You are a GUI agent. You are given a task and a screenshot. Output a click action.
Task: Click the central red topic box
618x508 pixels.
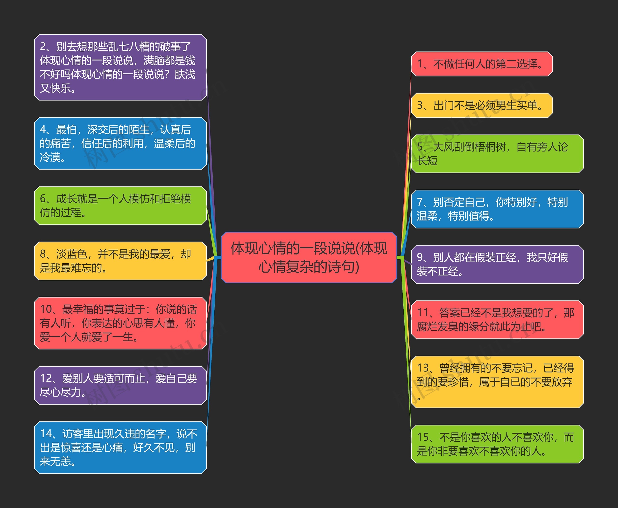pos(309,257)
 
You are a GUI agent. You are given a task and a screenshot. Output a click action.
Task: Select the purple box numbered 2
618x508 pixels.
pos(120,67)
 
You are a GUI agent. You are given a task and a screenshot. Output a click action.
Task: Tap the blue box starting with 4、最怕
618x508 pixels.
pos(120,143)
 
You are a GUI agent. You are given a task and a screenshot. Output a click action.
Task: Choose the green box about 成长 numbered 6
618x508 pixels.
pos(120,206)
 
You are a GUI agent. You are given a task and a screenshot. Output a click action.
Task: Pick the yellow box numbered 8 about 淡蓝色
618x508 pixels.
pos(120,261)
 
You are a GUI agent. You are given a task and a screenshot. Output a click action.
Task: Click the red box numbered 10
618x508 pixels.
pos(120,323)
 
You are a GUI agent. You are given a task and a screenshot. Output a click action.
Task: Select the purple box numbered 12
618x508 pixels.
pos(120,385)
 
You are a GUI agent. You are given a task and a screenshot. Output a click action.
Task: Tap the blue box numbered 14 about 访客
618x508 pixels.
pos(120,447)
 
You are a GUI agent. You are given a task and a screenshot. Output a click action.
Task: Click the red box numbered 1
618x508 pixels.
pos(482,64)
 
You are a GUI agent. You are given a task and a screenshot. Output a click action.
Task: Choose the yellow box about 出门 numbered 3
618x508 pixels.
pos(482,105)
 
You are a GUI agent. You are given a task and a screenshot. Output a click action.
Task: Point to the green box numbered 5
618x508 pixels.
pos(497,154)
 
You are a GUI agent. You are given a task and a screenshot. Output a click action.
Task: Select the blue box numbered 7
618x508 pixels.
pos(497,209)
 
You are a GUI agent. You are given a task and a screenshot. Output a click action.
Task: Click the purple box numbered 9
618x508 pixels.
pos(497,264)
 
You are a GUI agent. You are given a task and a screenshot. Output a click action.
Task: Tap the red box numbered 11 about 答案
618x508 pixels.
pos(497,320)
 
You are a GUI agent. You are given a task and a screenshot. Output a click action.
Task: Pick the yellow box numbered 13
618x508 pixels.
pos(497,382)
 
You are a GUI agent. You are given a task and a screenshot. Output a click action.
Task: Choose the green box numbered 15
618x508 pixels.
pos(497,444)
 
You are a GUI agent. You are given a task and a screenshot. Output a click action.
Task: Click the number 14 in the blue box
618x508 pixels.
pos(46,434)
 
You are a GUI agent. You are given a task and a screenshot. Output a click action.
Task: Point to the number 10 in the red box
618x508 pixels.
pos(46,309)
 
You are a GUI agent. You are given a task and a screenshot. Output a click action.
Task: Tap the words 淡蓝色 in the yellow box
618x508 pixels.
pos(71,254)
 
